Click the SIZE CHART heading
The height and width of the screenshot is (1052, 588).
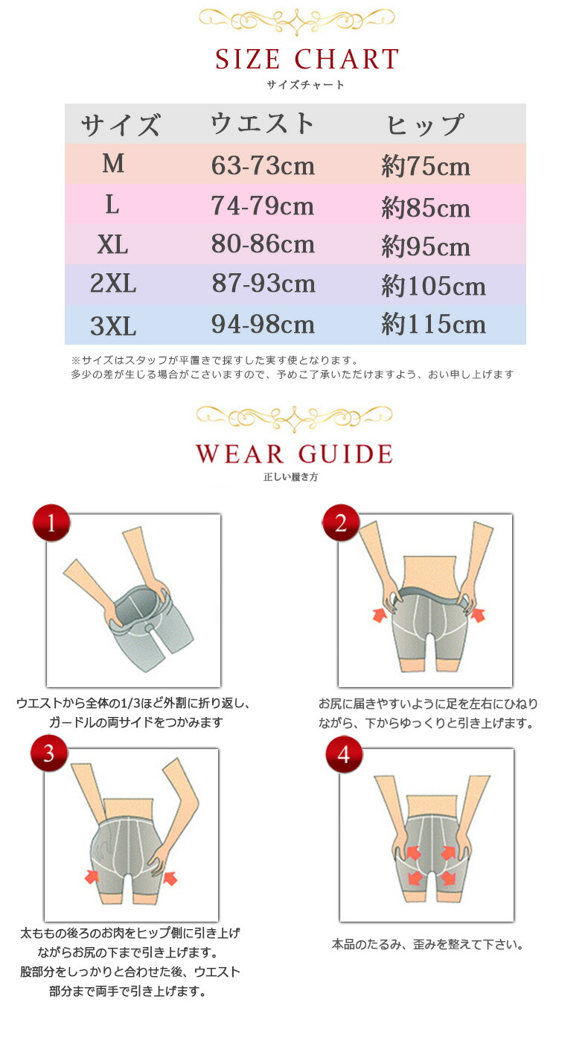(307, 59)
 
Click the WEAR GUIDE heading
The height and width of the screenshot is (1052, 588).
(295, 453)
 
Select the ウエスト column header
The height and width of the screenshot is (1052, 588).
(262, 124)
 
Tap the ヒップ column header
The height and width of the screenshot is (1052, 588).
(426, 125)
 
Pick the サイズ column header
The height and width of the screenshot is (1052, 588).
(121, 125)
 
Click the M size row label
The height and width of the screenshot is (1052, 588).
(113, 164)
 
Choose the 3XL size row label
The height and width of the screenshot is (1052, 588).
(113, 325)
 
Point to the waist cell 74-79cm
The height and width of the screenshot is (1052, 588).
(262, 205)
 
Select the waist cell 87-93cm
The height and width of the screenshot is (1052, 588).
(263, 284)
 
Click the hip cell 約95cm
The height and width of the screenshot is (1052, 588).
(426, 246)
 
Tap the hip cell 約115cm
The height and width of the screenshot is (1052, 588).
(433, 324)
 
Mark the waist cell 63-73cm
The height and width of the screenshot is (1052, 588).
(263, 166)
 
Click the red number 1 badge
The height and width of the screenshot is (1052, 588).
(51, 523)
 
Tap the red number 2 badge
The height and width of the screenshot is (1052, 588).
(340, 523)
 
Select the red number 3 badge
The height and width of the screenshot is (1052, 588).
(49, 753)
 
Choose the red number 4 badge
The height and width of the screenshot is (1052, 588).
(344, 755)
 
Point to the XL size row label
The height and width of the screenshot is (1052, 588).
(112, 245)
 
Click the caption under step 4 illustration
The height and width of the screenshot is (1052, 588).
(428, 944)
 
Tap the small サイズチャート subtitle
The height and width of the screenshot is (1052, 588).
(305, 85)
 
